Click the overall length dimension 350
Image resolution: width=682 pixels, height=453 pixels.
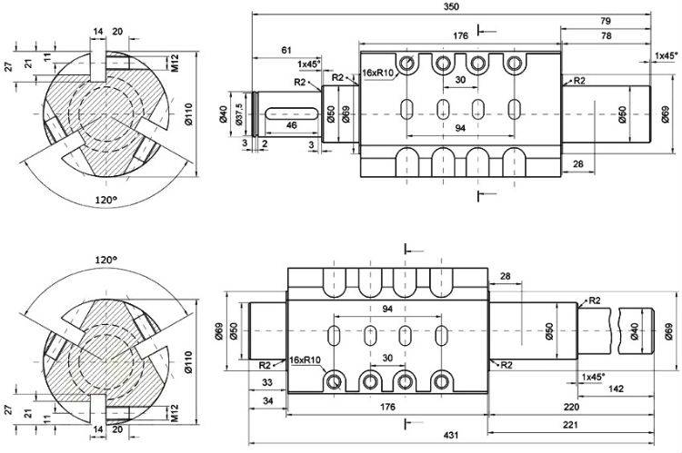pyautogui.click(x=452, y=6)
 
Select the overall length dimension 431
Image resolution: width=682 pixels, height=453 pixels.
pyautogui.click(x=451, y=437)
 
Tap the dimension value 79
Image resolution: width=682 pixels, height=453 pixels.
pyautogui.click(x=606, y=21)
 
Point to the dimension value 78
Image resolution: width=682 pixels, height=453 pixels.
pyautogui.click(x=606, y=35)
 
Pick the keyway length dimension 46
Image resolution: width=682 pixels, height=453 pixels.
pyautogui.click(x=291, y=124)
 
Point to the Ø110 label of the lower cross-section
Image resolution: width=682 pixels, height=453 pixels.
pyautogui.click(x=188, y=356)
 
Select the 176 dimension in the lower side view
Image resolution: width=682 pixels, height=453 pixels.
pyautogui.click(x=388, y=408)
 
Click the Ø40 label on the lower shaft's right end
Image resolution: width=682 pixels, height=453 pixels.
pyautogui.click(x=634, y=329)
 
